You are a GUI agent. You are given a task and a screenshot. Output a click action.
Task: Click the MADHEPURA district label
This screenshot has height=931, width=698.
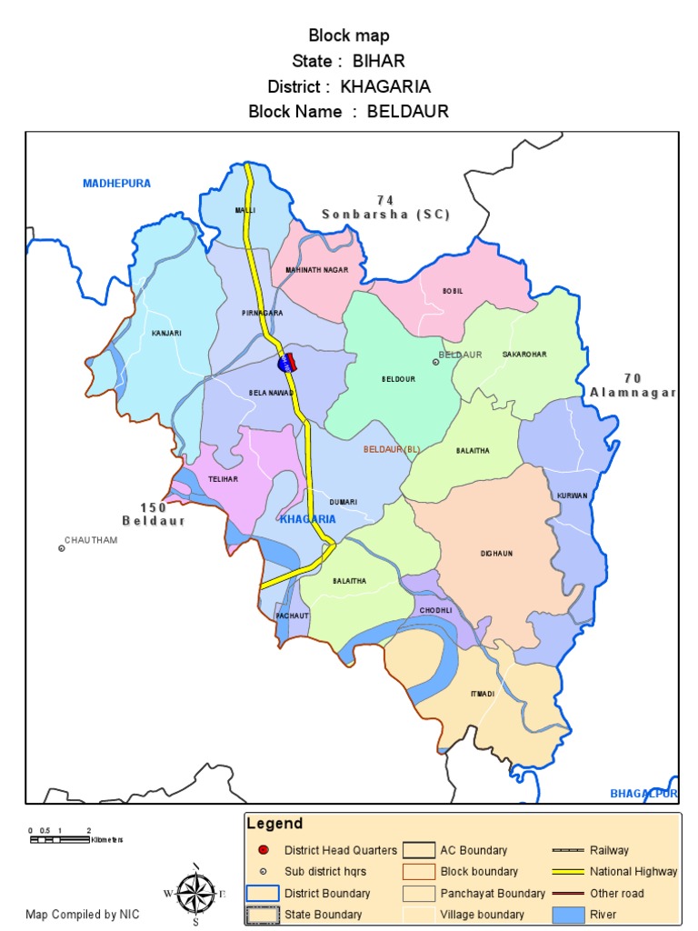pos(116,184)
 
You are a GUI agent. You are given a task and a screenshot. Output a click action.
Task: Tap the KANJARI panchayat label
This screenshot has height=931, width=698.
pos(166,333)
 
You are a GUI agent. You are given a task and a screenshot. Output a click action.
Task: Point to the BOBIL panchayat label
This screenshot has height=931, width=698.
pos(453,291)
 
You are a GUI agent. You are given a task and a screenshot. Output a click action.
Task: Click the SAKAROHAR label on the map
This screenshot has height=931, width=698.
pos(524,355)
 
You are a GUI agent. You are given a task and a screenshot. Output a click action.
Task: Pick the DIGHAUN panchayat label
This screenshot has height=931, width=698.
pos(497,553)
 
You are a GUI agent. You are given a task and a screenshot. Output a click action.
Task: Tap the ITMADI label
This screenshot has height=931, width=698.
pos(483,694)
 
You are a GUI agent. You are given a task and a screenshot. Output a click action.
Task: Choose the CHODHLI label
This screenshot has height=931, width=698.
pos(435,611)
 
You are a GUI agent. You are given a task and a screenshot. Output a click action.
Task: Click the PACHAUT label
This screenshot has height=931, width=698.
pos(293,616)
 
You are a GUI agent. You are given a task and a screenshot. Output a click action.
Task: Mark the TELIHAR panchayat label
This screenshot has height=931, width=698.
pos(224,478)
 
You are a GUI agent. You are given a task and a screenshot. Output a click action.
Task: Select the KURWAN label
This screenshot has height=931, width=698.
pos(573,496)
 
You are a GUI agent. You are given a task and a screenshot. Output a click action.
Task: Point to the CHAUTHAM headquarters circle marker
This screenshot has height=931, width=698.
pos(62,548)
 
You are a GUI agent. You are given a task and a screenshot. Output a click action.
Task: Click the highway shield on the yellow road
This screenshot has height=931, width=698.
pos(286,363)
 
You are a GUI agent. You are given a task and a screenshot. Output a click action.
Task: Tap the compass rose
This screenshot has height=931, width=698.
pos(196,893)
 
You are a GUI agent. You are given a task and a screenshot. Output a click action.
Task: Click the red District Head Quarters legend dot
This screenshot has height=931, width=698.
pos(263,851)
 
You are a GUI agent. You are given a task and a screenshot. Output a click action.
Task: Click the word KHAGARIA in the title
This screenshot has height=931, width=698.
pos(385,87)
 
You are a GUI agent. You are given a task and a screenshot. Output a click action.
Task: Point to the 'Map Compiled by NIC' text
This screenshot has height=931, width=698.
pos(83,915)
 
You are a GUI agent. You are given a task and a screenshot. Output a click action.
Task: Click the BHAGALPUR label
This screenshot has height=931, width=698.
pos(643,794)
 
